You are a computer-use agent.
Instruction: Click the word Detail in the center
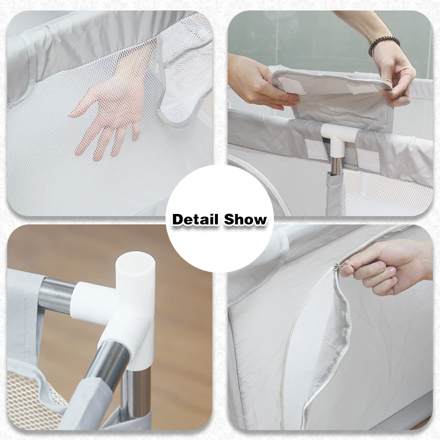pos(195,219)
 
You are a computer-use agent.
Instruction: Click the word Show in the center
pos(245,219)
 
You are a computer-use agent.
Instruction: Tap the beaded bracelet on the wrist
pos(383,45)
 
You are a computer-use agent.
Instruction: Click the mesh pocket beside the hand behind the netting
pos(186,73)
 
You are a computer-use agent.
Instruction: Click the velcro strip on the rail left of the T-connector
pos(316,149)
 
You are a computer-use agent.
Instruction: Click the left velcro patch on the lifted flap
pos(290,86)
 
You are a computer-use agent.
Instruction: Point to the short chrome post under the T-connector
pos(336,166)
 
